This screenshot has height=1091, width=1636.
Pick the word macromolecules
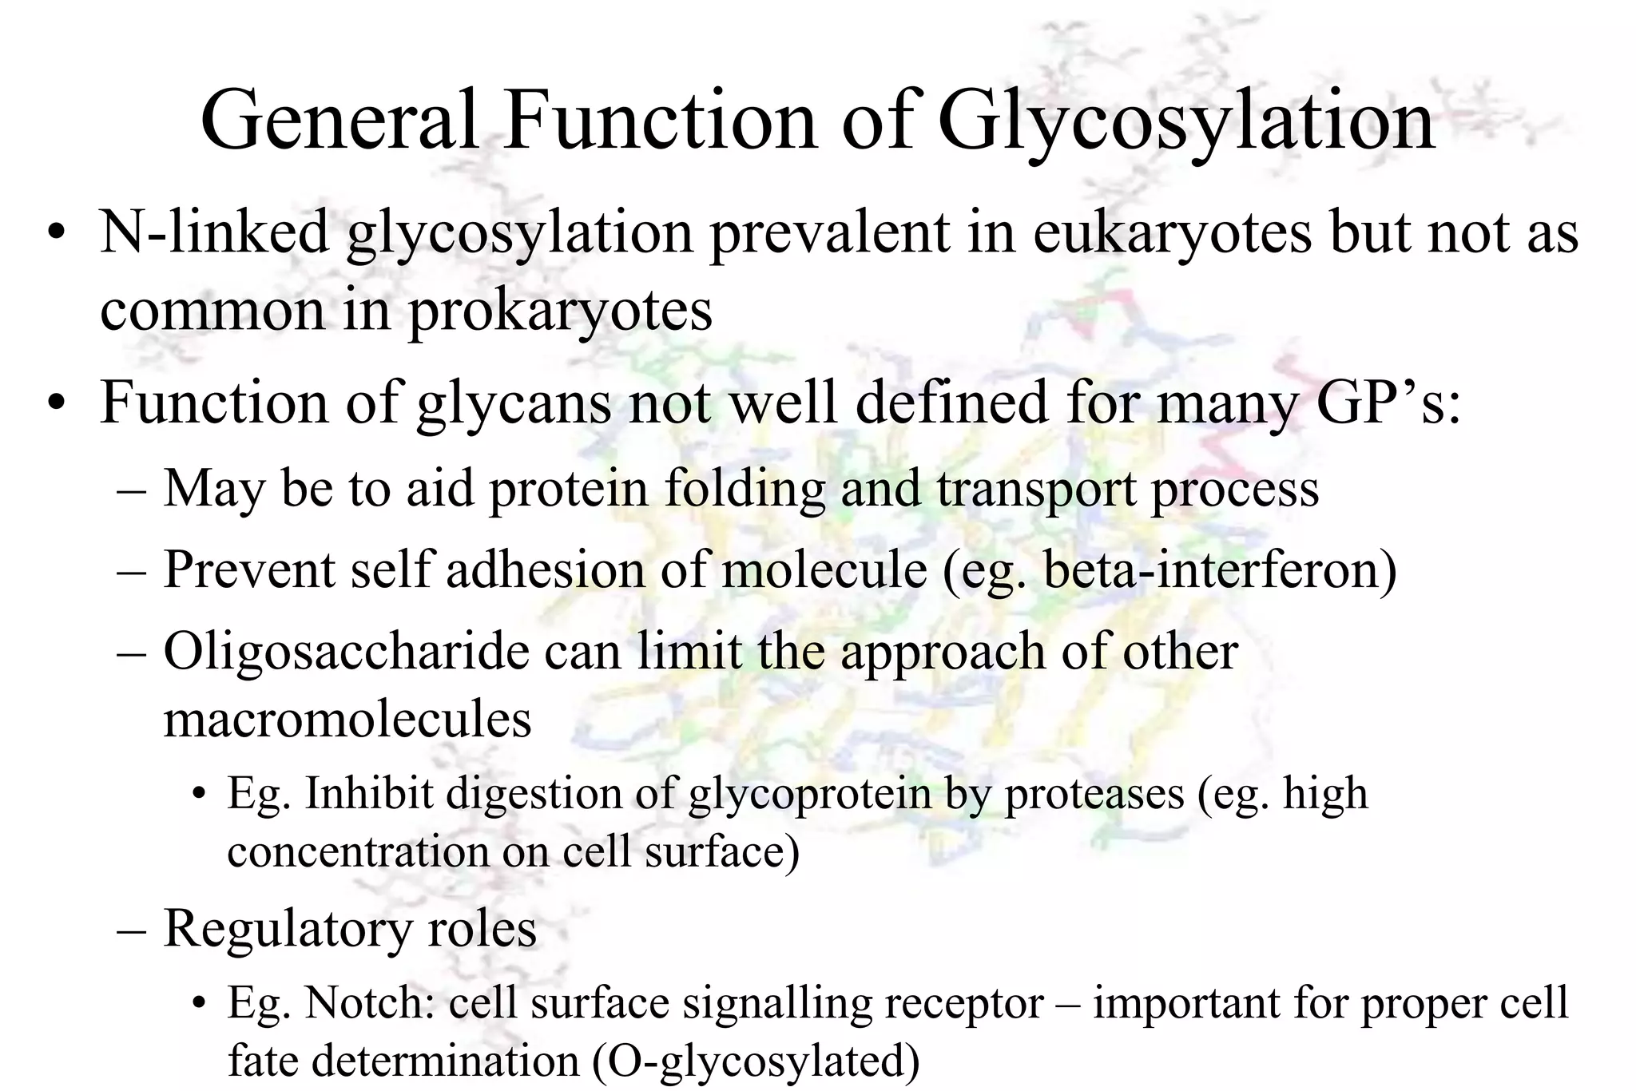tap(347, 719)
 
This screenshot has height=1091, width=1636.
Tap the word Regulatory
tap(288, 929)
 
